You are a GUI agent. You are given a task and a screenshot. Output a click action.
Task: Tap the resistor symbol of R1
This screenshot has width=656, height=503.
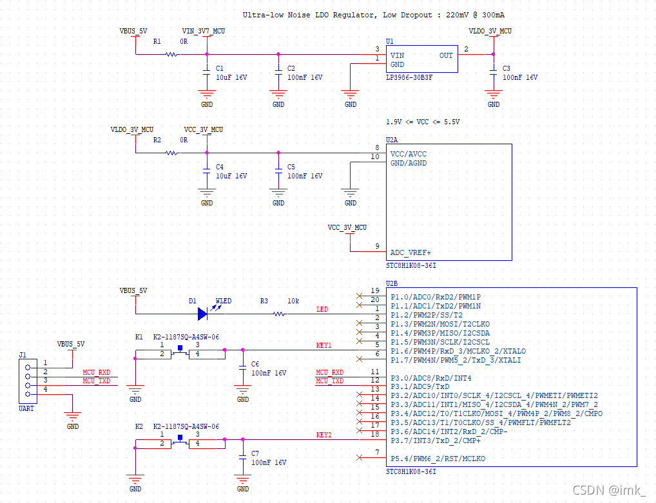pos(171,54)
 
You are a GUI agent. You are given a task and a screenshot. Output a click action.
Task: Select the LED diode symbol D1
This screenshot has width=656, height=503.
pos(203,314)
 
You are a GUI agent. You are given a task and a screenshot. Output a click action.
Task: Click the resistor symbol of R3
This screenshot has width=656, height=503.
pos(280,314)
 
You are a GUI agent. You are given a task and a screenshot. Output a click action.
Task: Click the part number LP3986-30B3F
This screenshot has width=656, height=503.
pos(409,77)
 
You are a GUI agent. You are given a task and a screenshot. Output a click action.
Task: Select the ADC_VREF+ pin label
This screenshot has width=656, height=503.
pos(410,252)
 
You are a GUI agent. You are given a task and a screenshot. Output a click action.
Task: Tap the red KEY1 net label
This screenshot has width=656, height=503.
pos(324,345)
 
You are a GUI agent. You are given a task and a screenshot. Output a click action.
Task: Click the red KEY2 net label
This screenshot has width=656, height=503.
pos(324,435)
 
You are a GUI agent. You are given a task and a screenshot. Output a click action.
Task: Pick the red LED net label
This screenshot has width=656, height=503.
pos(322,309)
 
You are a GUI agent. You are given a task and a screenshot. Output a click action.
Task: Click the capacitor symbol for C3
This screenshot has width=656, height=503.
pos(494,72)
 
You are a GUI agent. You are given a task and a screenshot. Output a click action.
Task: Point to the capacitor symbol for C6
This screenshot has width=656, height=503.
pos(243,368)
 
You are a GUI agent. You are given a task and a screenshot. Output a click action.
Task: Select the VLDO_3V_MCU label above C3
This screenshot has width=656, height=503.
pos(490,31)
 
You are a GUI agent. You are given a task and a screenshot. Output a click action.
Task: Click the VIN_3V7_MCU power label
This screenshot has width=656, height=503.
pos(204,31)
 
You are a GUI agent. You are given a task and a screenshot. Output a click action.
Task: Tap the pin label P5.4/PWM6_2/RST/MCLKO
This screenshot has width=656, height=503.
pos(438,459)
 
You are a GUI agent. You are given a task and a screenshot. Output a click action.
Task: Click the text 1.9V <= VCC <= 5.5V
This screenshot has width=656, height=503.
pos(423,122)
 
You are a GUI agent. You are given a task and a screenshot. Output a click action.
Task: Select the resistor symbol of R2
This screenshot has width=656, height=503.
pos(171,153)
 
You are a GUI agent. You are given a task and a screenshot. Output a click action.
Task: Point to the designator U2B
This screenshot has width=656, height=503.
pos(392,283)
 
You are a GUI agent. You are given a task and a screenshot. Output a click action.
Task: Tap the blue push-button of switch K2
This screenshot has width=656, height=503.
pos(180,437)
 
